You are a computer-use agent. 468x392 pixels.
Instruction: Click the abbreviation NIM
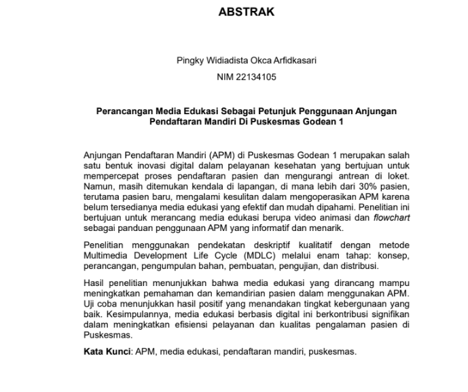225,77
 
